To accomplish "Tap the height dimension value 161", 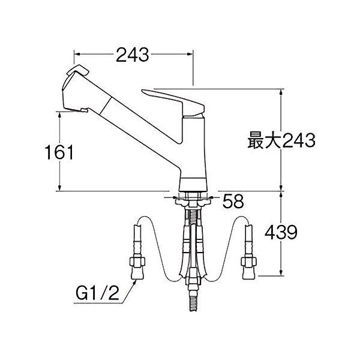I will (x=59, y=152).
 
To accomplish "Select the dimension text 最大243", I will (x=281, y=142).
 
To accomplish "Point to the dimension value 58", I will (x=233, y=202).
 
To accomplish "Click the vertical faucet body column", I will (x=194, y=150).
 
